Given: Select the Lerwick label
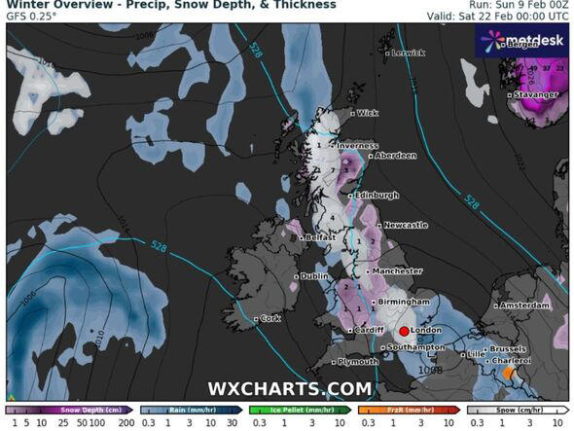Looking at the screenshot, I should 407,54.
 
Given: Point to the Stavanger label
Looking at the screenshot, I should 538,94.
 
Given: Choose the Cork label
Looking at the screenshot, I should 271,318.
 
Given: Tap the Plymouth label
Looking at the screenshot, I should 358,362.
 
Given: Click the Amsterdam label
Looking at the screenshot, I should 526,305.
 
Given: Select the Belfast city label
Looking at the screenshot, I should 317,237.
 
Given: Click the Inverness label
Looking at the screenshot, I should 332,148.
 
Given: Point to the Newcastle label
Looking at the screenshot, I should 405,225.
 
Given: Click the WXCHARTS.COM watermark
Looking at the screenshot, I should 289,389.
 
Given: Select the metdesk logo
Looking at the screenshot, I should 520,40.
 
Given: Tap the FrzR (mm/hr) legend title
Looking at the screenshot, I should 395,411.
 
